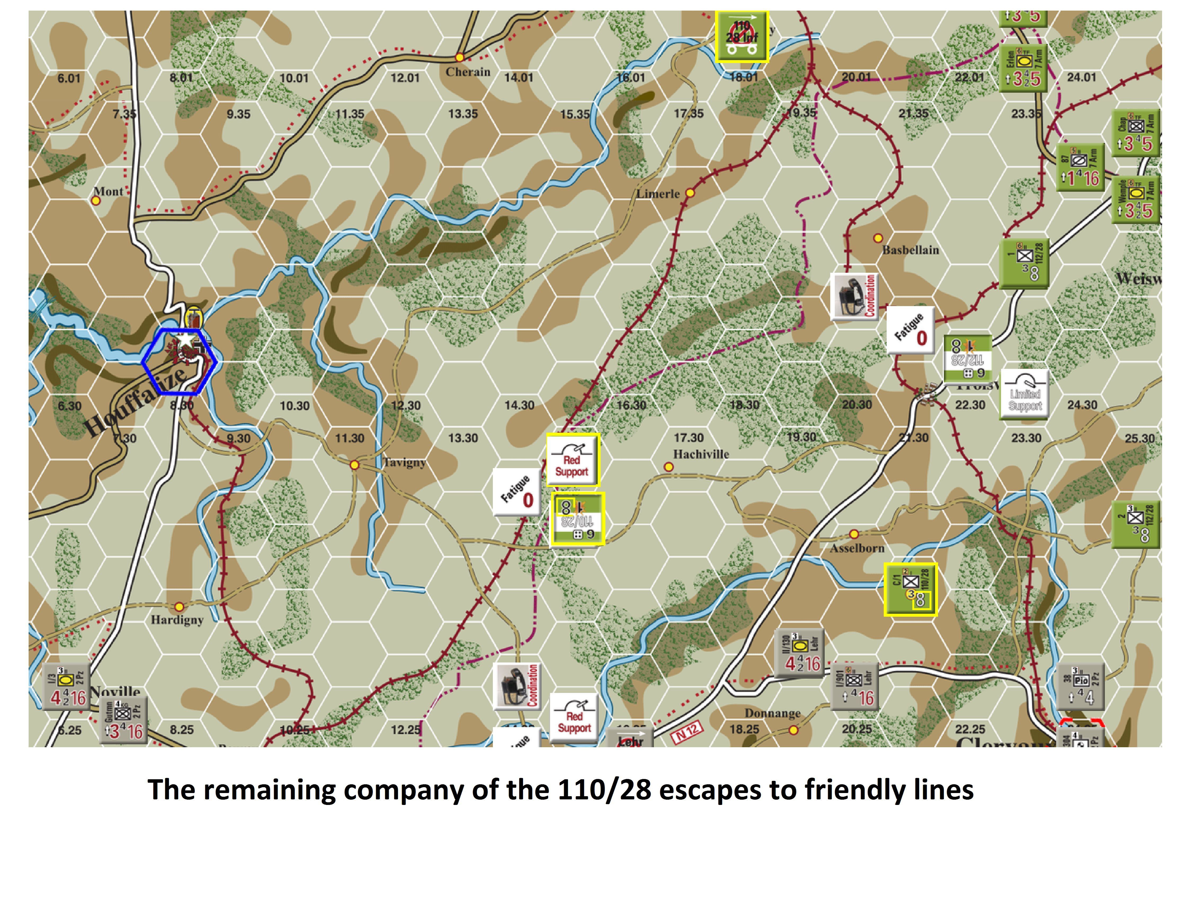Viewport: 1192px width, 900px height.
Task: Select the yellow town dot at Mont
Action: pyautogui.click(x=96, y=200)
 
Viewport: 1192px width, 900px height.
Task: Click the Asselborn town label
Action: pyautogui.click(x=857, y=548)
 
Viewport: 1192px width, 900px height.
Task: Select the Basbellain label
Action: pyautogui.click(x=910, y=250)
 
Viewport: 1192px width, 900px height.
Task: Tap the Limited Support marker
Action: pyautogui.click(x=1024, y=393)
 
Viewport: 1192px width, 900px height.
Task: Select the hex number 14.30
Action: pyautogui.click(x=519, y=405)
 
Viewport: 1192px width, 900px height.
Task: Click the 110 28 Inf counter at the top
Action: pyautogui.click(x=742, y=36)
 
